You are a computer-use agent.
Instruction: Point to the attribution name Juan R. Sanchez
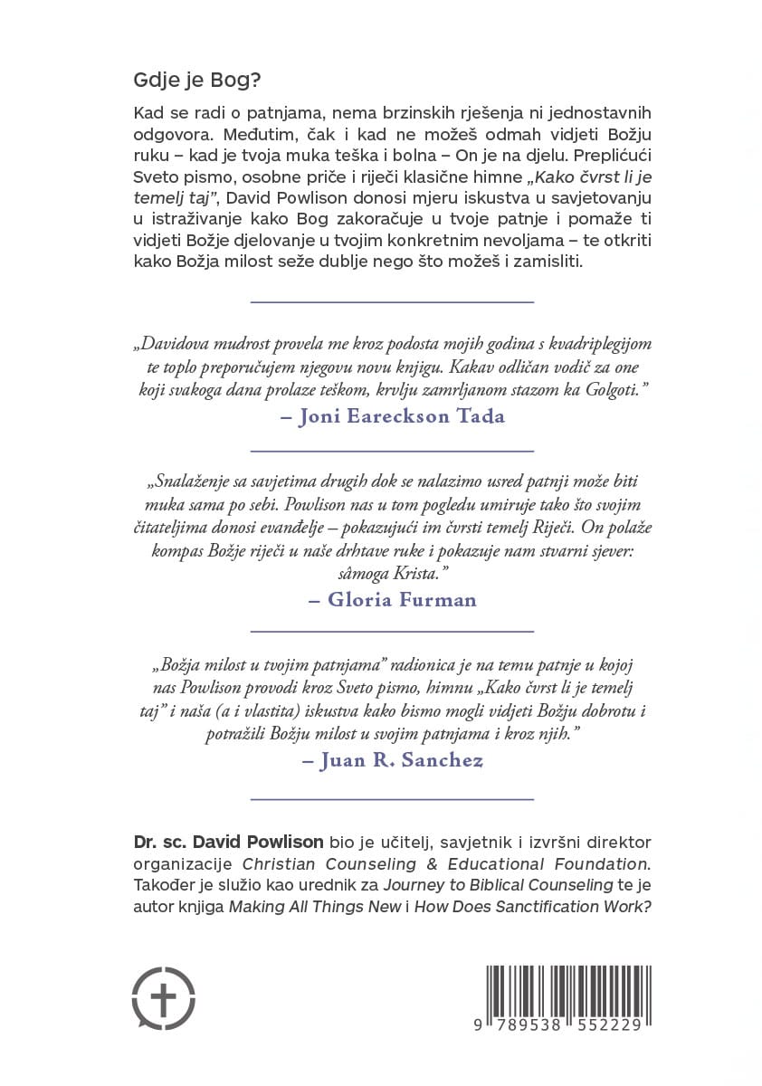point(391,760)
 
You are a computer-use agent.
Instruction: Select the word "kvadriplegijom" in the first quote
point(595,344)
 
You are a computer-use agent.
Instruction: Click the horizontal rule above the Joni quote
point(391,300)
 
